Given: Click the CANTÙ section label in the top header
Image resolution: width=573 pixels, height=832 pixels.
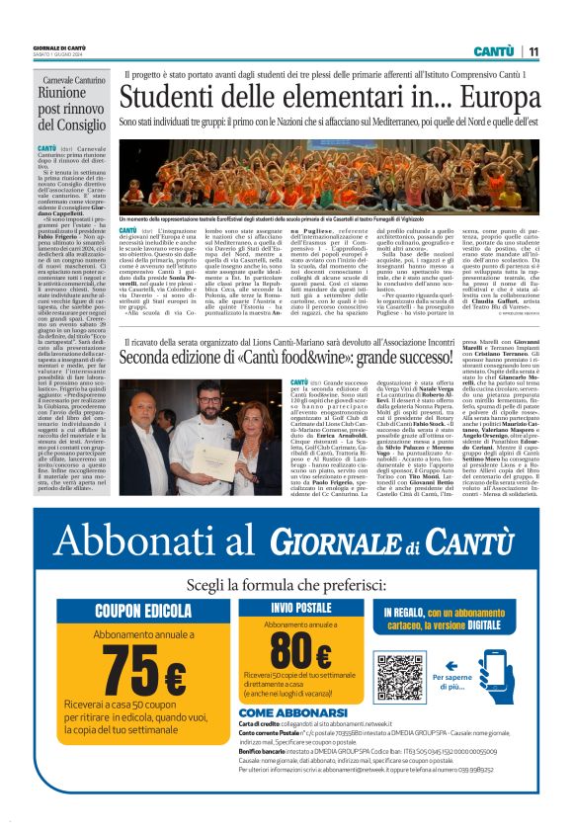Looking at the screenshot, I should coord(491,51).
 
